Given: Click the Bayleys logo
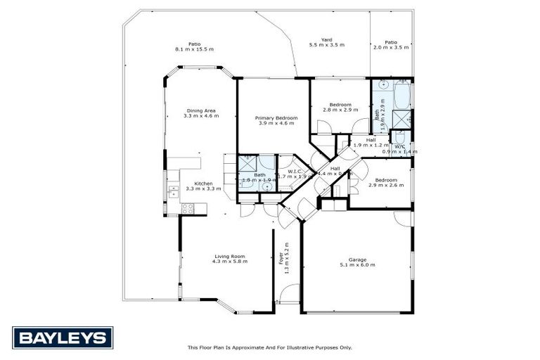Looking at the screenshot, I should (62, 337).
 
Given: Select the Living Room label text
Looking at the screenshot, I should (229, 258).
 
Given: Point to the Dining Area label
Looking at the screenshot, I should (200, 112).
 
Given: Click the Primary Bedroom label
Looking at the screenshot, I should (276, 120).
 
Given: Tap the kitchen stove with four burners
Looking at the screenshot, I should (188, 208).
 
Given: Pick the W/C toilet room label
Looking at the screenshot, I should (399, 148).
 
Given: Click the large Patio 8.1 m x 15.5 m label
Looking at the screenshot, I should (194, 46).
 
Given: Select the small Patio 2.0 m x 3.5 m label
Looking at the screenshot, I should (390, 45).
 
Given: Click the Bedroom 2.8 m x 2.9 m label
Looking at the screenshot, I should (340, 107).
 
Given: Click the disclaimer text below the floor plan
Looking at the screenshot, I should (269, 347).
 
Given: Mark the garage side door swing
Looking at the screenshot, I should (402, 219).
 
